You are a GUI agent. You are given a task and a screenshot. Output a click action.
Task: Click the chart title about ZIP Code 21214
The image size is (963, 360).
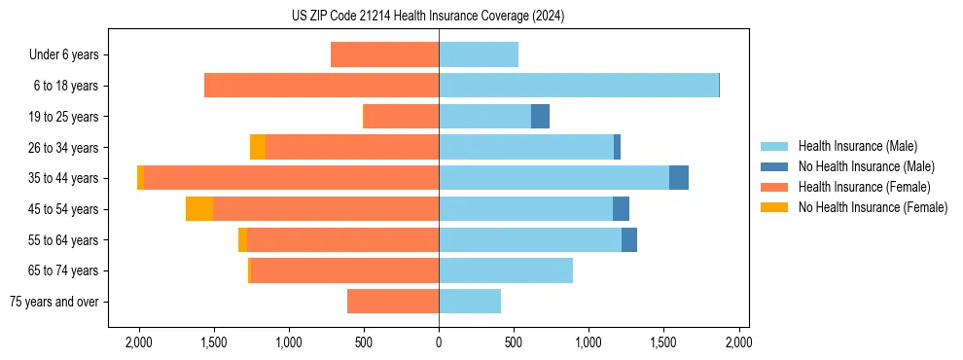point(428,17)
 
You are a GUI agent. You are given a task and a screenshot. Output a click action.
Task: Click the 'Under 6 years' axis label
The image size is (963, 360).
point(64,54)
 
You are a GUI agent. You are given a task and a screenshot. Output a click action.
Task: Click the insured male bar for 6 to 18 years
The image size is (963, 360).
point(579,86)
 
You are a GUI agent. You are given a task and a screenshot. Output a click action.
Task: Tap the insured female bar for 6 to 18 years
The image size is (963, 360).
point(321,86)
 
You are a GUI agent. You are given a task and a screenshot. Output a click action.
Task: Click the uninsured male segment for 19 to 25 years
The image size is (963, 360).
point(540,117)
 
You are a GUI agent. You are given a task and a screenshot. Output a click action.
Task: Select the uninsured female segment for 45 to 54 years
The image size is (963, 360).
point(199,209)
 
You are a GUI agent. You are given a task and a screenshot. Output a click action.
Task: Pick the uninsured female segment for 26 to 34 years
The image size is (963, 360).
point(258,147)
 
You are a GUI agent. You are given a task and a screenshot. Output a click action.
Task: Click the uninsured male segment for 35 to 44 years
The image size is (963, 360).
point(679,178)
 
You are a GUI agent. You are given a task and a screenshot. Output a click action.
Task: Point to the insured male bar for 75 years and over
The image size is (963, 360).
point(470,302)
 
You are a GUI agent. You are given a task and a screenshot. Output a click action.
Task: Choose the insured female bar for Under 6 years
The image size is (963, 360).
point(384,54)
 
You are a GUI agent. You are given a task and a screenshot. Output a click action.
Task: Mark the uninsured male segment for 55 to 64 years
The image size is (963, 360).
point(629,239)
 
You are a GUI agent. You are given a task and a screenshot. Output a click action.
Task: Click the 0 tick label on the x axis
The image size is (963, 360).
point(439,343)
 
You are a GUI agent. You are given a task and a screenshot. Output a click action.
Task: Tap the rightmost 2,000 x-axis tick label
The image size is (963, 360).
point(738,343)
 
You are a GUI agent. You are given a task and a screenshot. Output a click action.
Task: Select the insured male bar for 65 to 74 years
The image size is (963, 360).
point(506,270)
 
